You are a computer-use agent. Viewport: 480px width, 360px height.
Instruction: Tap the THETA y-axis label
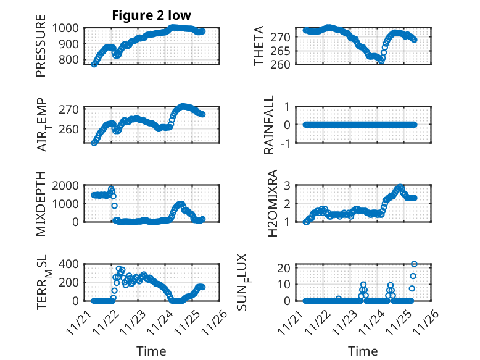[260, 46]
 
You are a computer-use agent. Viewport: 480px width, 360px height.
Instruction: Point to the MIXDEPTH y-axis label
[41, 203]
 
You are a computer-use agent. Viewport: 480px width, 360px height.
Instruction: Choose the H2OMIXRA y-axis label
[269, 203]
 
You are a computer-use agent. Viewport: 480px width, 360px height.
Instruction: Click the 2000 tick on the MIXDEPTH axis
[66, 185]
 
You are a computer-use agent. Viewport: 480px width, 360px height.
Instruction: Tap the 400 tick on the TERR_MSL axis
[69, 264]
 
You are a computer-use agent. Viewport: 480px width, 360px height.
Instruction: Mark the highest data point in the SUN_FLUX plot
[414, 264]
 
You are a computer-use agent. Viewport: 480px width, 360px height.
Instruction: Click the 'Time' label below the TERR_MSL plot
[151, 351]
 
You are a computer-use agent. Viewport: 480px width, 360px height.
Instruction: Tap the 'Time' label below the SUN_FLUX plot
[363, 351]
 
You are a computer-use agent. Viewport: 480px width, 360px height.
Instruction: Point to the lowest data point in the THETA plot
[382, 61]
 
